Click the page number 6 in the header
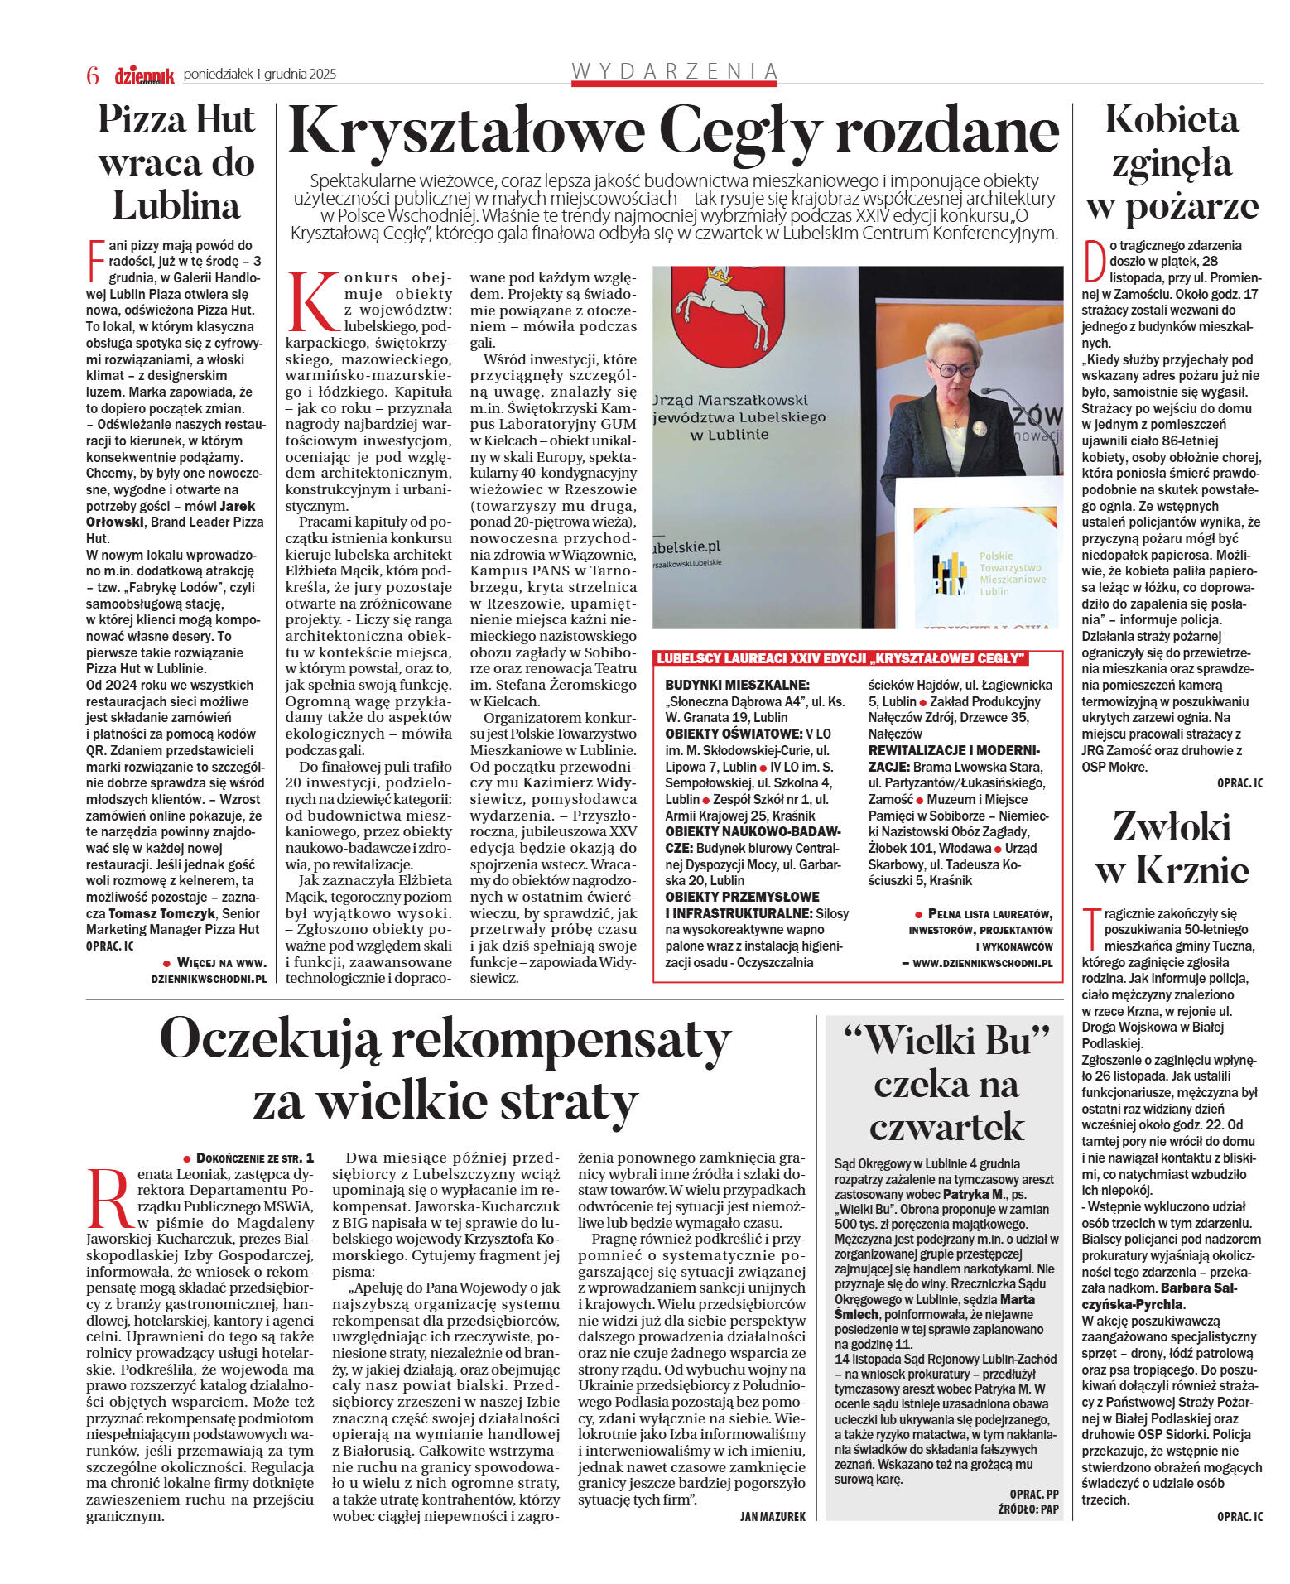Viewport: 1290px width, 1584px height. point(93,75)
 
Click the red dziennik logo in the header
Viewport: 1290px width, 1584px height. point(144,75)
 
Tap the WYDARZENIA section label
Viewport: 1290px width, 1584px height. point(675,71)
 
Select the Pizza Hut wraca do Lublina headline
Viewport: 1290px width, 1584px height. point(176,162)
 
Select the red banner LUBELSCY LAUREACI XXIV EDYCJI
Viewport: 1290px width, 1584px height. point(840,658)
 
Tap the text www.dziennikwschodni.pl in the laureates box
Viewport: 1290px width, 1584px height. point(982,963)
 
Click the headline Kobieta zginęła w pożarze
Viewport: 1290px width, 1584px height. point(1172,162)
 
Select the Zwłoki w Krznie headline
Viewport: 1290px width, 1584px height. point(1172,848)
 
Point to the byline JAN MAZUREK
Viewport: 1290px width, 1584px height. point(772,1516)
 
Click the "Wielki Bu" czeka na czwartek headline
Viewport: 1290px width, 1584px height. point(946,1083)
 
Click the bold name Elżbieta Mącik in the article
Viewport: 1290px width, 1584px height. point(332,571)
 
